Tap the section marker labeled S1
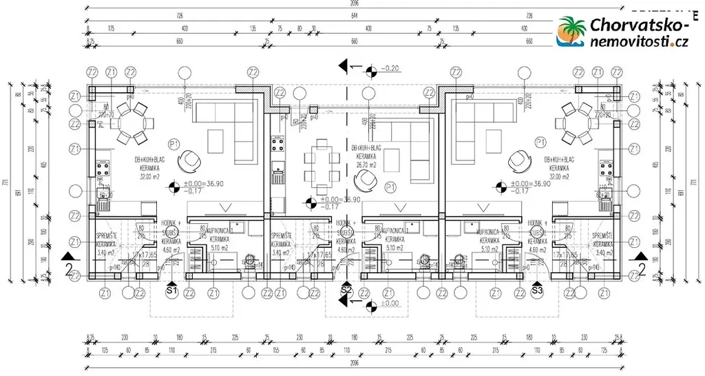[x=172, y=291]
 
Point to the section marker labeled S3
[x=538, y=291]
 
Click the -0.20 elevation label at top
[x=390, y=68]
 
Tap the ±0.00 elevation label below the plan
[x=389, y=303]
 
